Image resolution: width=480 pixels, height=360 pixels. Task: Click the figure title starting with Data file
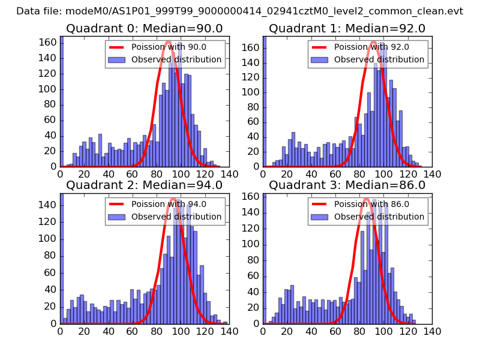pos(240,11)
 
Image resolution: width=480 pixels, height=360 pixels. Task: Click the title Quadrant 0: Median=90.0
pos(145,28)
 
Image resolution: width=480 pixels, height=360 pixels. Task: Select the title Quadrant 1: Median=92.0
pos(347,28)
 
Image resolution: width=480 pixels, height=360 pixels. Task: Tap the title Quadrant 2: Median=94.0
pos(145,185)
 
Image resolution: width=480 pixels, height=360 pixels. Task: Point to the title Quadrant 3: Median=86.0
pos(347,185)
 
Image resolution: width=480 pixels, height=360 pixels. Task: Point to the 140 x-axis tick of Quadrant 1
pos(432,174)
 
